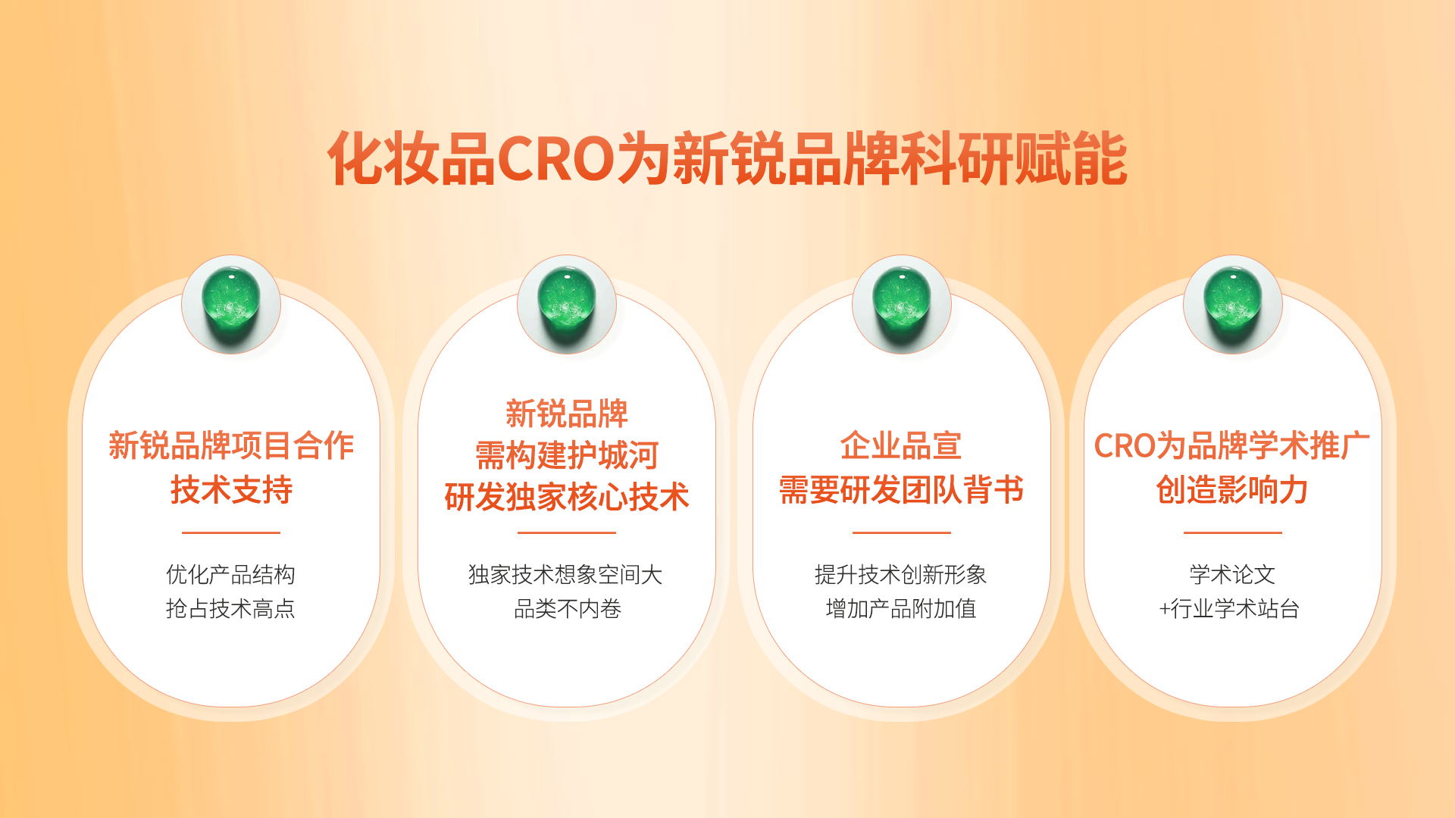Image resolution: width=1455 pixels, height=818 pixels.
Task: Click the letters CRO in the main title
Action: coord(555,159)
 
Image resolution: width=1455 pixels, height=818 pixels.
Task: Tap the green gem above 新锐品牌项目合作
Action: coord(231,304)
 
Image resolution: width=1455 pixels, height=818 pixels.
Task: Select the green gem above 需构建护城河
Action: coord(567,304)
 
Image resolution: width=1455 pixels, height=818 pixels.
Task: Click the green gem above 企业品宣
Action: coord(902,304)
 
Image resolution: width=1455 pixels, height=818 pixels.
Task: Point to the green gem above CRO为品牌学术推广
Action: coord(1233,304)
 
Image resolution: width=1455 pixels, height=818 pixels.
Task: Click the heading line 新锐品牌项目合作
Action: coord(231,445)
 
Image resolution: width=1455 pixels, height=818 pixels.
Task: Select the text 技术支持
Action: coord(231,489)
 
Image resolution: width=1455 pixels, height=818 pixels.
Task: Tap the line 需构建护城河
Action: coord(567,455)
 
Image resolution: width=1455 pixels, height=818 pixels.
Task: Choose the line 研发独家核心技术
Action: coord(567,497)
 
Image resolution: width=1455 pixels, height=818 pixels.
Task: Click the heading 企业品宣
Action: coord(901,445)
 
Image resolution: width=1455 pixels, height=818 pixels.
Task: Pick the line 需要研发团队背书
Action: coord(901,489)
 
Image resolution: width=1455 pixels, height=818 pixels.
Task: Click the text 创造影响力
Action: coord(1232,489)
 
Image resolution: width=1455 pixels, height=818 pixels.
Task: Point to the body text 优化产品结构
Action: coord(230,574)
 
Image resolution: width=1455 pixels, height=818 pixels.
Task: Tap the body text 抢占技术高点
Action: coord(230,608)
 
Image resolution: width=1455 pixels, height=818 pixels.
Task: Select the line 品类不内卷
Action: coord(568,608)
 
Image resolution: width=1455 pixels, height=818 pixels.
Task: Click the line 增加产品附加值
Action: coord(901,608)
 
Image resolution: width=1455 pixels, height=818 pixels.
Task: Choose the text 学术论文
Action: coord(1232,574)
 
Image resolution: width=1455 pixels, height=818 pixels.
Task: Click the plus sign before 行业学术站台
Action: coord(1165,609)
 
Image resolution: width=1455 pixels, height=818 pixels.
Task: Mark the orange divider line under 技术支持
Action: coord(231,532)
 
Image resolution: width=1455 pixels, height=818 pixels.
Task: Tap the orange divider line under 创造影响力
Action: coord(1233,532)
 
